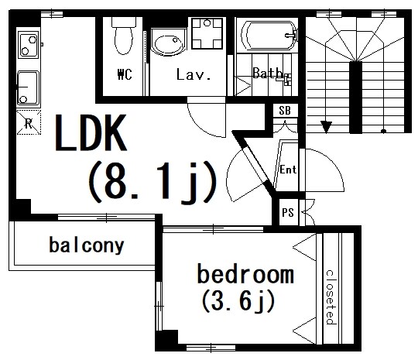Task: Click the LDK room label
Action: pos(91,132)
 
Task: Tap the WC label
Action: pos(125,74)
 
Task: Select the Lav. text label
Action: pos(194,74)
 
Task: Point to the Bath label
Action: pos(267,73)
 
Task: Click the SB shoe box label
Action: pos(285,111)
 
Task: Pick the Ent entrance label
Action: pos(288,170)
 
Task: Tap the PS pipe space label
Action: pos(288,213)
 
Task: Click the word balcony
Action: pos(87,245)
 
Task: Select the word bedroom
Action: pos(245,274)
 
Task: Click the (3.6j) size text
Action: pos(238,301)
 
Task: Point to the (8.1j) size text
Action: pos(152,183)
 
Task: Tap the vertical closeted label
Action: pos(331,297)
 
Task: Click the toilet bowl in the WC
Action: pos(124,37)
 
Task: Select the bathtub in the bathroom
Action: pos(269,35)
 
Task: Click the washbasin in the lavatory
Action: pos(168,43)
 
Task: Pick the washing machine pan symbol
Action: pos(207,33)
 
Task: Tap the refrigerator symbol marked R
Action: pos(29,122)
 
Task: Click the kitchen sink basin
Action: pos(29,87)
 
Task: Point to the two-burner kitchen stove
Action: pos(29,45)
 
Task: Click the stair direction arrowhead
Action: pos(326,127)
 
